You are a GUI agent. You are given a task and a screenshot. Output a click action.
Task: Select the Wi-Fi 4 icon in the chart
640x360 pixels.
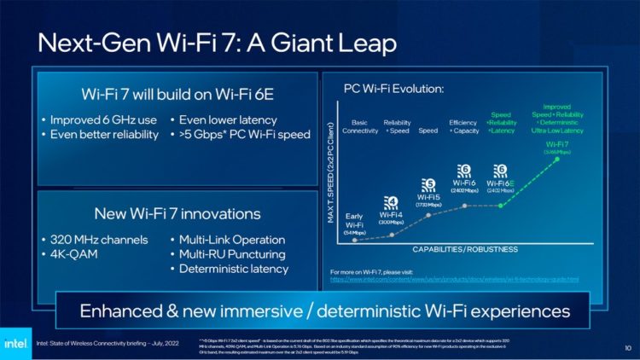391,202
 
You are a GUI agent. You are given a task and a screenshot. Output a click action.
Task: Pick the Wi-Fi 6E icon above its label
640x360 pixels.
501,170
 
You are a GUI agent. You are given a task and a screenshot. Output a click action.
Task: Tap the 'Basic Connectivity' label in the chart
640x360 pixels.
360,126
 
